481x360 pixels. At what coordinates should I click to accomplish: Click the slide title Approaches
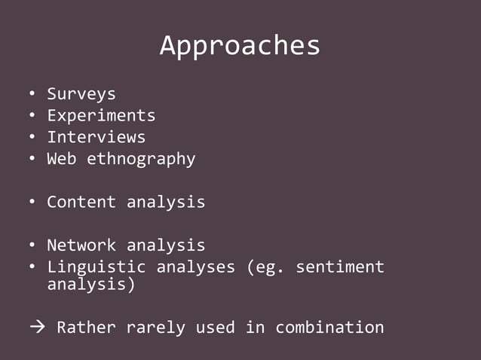(240, 47)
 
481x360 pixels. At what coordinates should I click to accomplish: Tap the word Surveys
(81, 94)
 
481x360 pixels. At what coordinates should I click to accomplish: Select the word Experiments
(101, 116)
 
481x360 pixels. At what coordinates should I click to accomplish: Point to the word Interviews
(96, 137)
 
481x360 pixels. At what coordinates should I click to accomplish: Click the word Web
(62, 159)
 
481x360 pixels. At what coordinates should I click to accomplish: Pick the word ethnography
(141, 159)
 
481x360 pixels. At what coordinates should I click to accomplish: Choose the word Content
(81, 202)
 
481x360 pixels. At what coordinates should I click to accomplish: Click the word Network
(81, 245)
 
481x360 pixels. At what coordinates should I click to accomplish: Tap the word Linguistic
(96, 267)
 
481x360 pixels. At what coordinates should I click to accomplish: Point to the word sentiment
(339, 267)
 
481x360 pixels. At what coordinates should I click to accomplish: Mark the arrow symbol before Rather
(37, 328)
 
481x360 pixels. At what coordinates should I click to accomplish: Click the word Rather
(86, 328)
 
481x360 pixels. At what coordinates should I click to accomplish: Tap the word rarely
(155, 328)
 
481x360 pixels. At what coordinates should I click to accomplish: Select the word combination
(329, 328)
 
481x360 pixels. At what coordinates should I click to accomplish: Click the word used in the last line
(215, 328)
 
